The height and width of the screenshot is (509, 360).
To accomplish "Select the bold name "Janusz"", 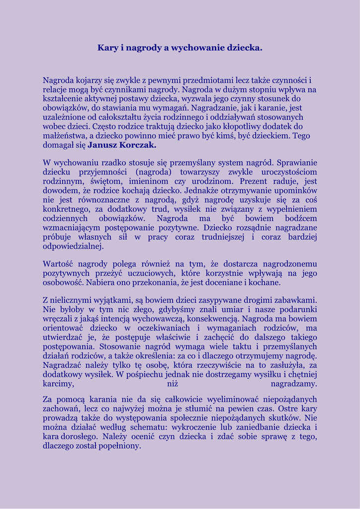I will (x=103, y=145).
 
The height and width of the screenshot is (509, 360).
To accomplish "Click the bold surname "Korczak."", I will (x=139, y=145).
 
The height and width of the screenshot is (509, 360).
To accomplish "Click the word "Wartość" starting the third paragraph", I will (x=58, y=264).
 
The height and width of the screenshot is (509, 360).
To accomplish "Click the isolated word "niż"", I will (x=173, y=384).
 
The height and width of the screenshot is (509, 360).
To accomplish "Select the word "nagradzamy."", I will (x=294, y=384).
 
